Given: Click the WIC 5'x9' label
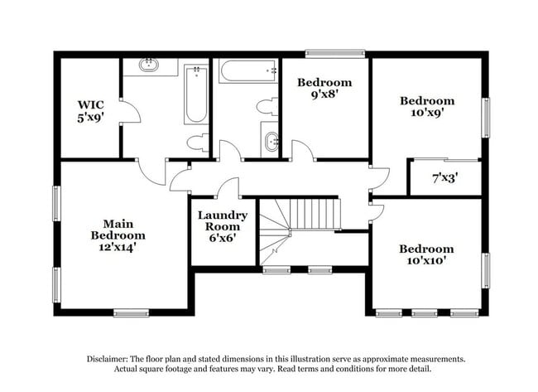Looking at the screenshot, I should (90, 111).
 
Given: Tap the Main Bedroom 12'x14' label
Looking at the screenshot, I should (113, 235).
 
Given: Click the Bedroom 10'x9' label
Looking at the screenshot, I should (427, 108).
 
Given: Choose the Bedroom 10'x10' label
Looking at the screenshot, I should (426, 255).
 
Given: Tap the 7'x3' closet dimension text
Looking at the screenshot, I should (444, 177).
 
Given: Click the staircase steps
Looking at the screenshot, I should (315, 213).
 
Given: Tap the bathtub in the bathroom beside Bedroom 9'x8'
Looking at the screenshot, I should (247, 71).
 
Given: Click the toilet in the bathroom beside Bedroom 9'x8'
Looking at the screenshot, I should (267, 107).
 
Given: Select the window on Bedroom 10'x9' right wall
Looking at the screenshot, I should (486, 115).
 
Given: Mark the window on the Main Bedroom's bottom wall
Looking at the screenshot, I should (130, 312).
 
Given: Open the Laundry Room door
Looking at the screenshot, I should (228, 189).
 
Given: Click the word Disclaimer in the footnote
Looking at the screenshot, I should (110, 359).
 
